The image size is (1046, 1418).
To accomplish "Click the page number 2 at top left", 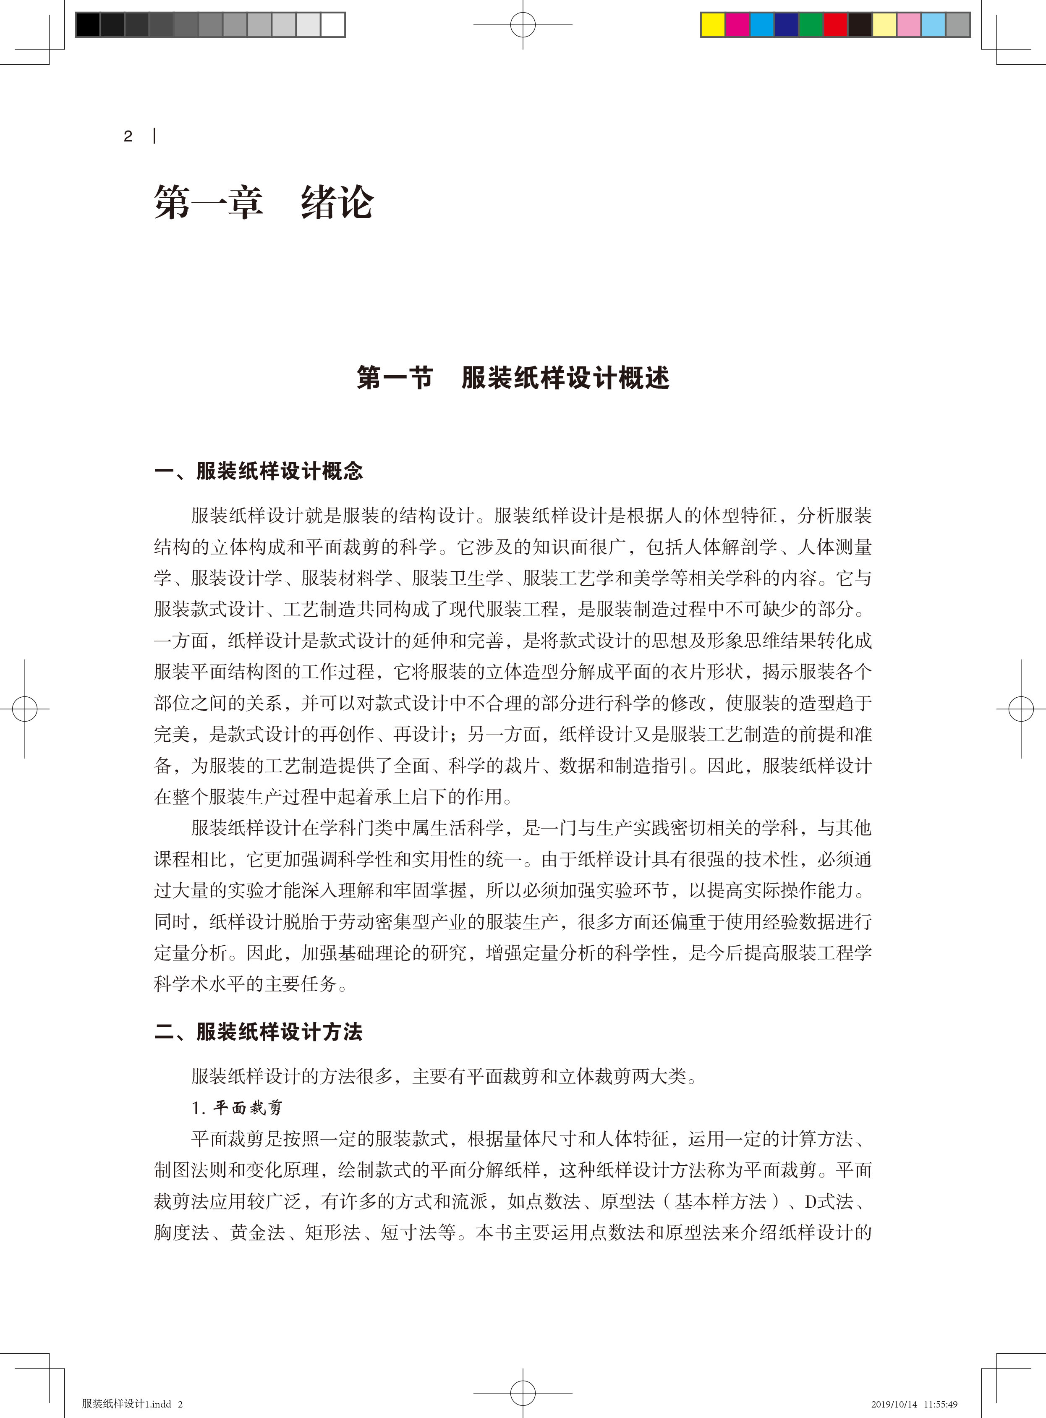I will (128, 136).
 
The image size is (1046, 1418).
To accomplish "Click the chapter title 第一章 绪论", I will (264, 203).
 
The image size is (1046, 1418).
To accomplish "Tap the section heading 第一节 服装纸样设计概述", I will (513, 378).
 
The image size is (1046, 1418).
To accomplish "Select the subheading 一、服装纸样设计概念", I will (258, 471).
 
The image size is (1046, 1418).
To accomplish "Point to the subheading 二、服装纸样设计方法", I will (258, 1032).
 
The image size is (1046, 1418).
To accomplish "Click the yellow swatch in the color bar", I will (712, 25).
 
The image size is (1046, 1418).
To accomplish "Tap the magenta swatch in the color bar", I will (737, 25).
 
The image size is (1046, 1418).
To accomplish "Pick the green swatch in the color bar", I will (811, 25).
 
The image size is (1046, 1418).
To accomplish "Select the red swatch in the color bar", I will (835, 25).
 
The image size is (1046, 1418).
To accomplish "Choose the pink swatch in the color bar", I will (909, 25).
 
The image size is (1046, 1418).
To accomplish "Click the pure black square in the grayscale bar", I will (88, 25).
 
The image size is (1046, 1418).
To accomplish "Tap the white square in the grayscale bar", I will (332, 25).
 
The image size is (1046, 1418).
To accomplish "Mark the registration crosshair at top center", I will (523, 25).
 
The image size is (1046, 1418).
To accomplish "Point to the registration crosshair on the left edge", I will (25, 709).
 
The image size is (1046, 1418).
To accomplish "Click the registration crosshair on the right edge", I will (1021, 709).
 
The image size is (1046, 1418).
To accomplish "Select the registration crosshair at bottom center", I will (523, 1393).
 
